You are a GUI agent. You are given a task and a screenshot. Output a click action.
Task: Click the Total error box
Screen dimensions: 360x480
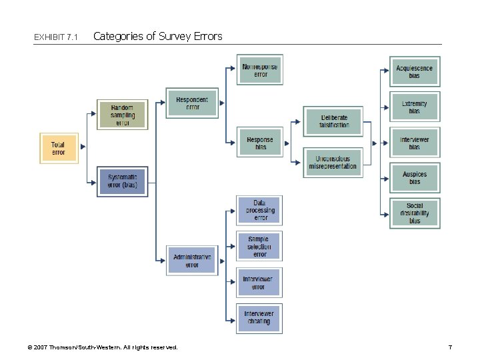59,148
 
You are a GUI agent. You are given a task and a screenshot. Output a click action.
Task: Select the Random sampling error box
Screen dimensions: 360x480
122,115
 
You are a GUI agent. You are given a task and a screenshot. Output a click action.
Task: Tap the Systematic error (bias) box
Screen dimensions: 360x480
122,181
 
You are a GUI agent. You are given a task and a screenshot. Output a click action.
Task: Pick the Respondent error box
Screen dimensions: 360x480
192,103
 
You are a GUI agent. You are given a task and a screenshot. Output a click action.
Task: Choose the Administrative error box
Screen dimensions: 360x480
192,260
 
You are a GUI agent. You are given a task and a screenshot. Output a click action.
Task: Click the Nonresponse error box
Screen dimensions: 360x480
260,70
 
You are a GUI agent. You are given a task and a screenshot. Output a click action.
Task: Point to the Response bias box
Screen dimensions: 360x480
260,143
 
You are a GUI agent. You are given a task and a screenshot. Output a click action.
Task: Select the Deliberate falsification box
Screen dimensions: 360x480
333,121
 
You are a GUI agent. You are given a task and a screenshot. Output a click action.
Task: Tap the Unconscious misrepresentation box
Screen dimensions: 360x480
333,162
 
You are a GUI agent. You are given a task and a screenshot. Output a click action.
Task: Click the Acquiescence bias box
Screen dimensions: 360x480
415,71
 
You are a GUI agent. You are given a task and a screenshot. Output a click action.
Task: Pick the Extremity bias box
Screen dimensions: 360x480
415,107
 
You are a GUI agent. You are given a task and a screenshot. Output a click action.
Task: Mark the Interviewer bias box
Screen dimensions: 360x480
415,143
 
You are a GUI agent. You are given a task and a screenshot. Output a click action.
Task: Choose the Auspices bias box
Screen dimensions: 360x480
415,178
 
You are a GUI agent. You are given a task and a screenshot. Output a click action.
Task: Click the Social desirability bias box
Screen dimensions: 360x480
415,213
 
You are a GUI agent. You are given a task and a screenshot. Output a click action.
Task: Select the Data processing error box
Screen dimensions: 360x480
259,210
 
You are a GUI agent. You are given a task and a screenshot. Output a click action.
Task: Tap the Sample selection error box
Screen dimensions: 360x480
259,246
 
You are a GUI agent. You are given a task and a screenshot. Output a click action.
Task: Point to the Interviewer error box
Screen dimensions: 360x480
259,283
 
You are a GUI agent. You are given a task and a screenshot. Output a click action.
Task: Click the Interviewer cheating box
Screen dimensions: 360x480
259,318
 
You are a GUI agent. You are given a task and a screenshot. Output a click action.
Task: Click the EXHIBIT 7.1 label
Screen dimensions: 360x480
56,37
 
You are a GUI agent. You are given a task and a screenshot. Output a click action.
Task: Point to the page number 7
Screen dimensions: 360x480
450,347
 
